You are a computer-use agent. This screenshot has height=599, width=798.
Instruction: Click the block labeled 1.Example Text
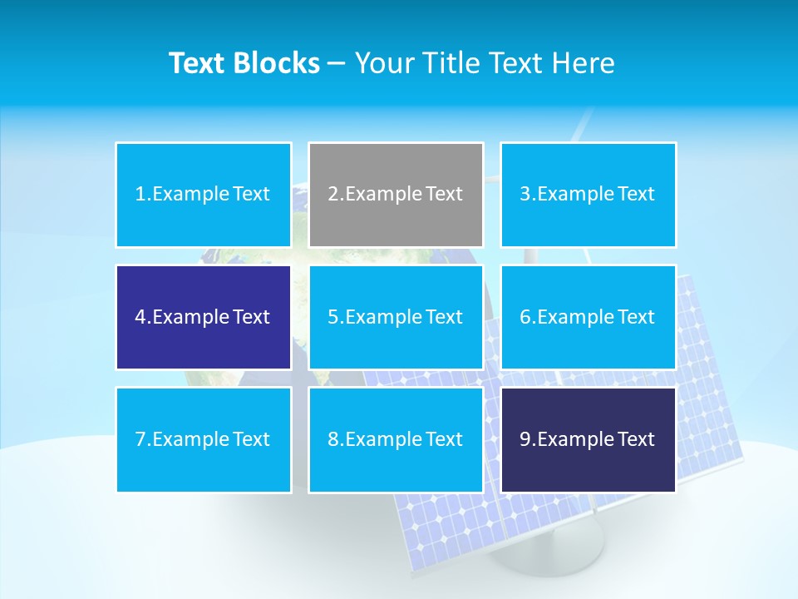click(x=204, y=195)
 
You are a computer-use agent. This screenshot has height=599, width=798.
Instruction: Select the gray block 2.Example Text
click(x=396, y=195)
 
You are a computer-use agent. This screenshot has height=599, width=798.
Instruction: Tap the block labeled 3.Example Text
click(x=588, y=195)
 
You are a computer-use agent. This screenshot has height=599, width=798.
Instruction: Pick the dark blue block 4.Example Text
click(x=204, y=317)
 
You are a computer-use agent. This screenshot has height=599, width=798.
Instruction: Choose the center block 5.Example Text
click(x=396, y=317)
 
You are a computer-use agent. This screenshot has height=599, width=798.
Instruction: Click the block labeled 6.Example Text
click(x=588, y=317)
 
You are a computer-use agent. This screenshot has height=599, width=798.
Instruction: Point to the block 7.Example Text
click(x=204, y=439)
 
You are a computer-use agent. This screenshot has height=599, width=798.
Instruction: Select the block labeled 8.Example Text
click(x=396, y=439)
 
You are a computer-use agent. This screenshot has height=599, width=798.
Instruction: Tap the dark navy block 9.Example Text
click(x=588, y=439)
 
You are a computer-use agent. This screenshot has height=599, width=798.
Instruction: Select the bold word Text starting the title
click(x=198, y=63)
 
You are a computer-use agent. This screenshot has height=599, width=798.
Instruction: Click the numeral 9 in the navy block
click(x=525, y=439)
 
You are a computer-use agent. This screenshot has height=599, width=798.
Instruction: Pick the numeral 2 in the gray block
click(x=332, y=195)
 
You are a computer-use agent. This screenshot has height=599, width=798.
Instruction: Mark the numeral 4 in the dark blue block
click(x=140, y=317)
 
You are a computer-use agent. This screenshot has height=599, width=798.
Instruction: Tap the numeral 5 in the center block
click(x=332, y=317)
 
